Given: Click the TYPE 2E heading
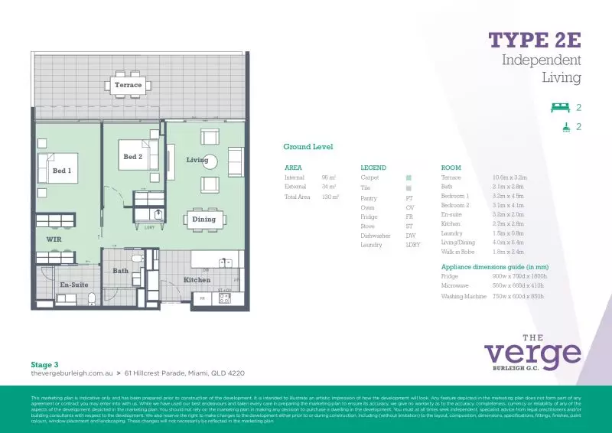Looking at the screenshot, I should click(535, 40).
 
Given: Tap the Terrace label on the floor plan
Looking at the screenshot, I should click(129, 85).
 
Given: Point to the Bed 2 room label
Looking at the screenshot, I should click(132, 157).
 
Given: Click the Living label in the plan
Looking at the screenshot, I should click(197, 160).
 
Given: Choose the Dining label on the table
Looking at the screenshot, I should click(203, 220).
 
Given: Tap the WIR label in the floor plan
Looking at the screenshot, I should click(54, 239).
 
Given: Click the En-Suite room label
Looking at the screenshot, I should click(73, 285).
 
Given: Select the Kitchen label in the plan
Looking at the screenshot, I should click(197, 280).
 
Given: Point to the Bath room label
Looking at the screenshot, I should click(121, 271).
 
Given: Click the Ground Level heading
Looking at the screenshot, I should click(308, 147).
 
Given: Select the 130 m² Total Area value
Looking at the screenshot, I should click(330, 197).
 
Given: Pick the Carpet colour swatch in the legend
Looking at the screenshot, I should click(409, 177).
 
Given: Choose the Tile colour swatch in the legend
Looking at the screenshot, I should click(409, 187).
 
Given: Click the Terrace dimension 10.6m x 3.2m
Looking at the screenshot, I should click(510, 177).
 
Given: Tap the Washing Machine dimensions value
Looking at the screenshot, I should click(519, 296).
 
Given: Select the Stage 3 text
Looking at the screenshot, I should click(44, 365).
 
